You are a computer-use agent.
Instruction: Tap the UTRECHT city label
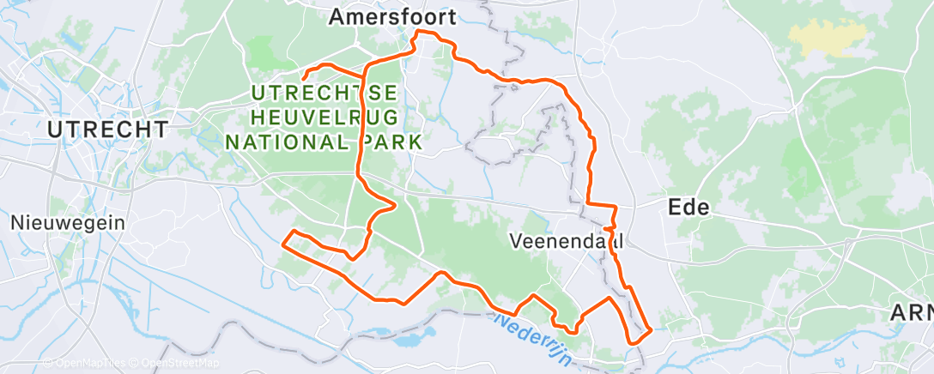108,130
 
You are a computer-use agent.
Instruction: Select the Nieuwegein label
68,222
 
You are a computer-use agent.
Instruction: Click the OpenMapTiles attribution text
83,363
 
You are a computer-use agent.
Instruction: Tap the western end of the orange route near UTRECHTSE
304,81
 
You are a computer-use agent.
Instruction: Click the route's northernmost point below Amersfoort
419,32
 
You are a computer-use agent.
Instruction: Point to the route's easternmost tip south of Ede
652,329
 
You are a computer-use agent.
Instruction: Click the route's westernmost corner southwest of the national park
283,244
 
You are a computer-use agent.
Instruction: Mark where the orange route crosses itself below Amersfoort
367,65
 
